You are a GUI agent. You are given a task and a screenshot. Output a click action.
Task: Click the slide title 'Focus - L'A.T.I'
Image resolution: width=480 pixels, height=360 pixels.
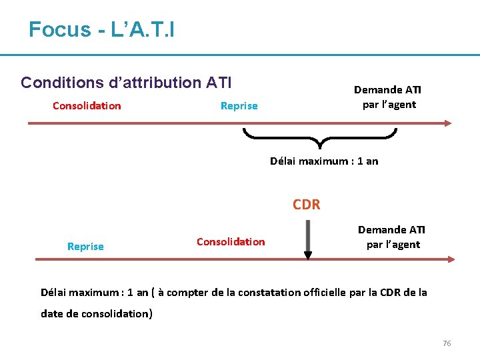101,29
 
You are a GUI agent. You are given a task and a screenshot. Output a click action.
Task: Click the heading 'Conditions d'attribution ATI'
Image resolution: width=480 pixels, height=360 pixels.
126,83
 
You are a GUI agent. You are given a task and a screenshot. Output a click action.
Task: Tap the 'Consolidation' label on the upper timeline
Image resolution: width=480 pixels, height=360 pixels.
87,105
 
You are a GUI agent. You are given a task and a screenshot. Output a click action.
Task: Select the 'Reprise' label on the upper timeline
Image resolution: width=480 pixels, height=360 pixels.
239,106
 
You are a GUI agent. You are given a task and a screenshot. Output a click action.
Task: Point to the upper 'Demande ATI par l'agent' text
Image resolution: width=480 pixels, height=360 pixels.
388,97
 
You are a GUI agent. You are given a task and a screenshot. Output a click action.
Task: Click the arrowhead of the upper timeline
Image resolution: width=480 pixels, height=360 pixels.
447,123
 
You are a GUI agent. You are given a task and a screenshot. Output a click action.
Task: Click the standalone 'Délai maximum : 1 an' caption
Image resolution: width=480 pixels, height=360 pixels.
324,161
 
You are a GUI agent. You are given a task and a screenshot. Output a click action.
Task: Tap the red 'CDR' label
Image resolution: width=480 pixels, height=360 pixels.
307,205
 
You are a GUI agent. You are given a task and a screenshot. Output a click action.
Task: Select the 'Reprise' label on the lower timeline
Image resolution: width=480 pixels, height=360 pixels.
85,247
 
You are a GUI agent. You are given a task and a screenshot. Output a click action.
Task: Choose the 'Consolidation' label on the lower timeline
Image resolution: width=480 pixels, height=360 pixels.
231,241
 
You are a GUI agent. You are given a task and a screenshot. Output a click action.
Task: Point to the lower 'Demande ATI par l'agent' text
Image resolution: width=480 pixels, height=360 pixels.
392,237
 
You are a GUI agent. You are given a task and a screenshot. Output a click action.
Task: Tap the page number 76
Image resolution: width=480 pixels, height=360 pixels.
447,343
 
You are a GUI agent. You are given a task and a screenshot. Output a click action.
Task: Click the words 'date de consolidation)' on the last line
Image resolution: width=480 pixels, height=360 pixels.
97,313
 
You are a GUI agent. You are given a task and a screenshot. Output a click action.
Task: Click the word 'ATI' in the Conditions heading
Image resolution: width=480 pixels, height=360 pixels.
219,83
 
